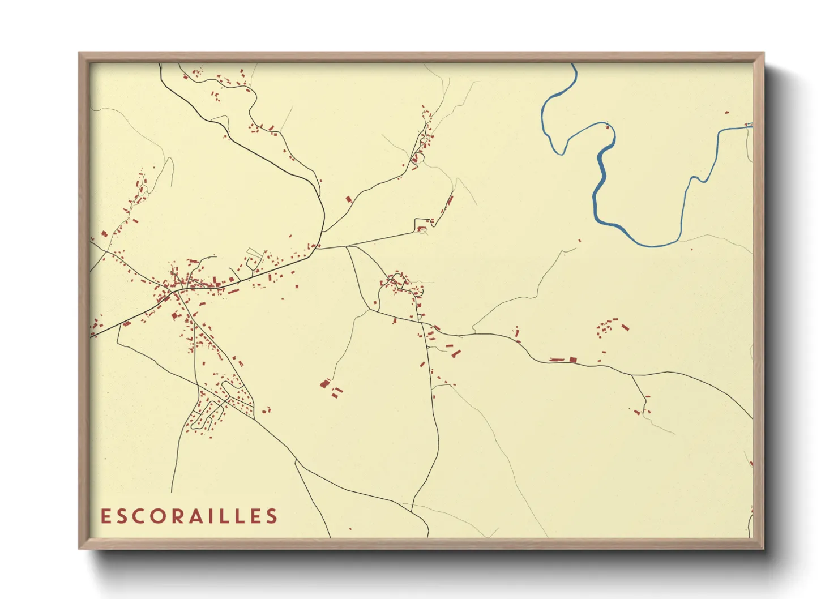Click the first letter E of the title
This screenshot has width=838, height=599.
[x=105, y=516]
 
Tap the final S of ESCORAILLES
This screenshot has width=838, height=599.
[x=272, y=516]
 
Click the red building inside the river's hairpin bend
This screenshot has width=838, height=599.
[x=608, y=126]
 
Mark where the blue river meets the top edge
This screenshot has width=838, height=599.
[x=573, y=64]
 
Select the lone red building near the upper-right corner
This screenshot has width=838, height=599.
[x=727, y=113]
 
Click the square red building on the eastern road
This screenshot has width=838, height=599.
[x=572, y=359]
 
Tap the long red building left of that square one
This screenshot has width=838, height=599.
[x=557, y=360]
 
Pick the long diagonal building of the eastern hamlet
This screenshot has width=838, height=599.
[x=625, y=327]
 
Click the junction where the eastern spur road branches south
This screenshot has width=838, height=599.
[x=631, y=375]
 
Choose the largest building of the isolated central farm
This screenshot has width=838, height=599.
[x=325, y=383]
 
